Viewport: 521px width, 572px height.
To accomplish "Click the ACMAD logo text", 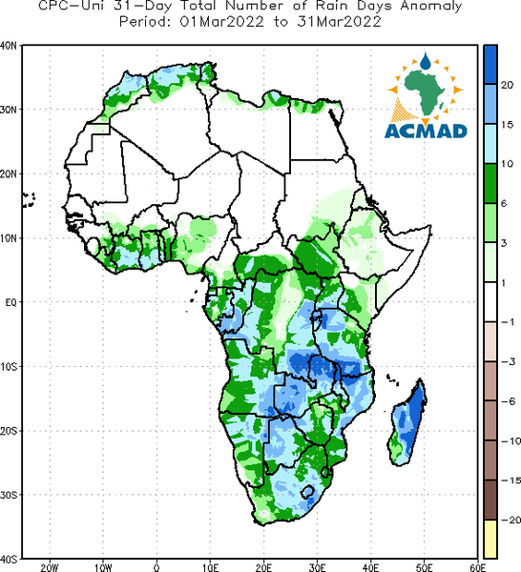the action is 426,132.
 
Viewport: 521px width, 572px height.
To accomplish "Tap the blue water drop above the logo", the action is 425,62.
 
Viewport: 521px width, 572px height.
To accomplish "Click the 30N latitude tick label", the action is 9,110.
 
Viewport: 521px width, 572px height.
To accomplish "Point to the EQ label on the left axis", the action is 10,302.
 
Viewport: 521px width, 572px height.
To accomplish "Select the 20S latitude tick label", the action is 9,431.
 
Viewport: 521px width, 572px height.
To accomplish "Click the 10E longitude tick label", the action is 210,567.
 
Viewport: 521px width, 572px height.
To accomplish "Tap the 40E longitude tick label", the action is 370,567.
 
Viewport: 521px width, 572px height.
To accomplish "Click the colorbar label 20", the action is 507,85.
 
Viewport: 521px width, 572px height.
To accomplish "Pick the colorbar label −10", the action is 511,441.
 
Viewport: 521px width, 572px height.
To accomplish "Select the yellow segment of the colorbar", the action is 490,539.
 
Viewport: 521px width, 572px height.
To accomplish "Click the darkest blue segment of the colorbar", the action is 490,65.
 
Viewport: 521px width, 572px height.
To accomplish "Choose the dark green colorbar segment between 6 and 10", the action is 490,183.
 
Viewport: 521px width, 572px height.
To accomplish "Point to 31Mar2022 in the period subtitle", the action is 339,22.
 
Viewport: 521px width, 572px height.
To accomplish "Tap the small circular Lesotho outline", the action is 307,492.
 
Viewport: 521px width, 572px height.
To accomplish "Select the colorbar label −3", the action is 509,361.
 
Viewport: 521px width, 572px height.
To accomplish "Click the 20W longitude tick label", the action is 50,567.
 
